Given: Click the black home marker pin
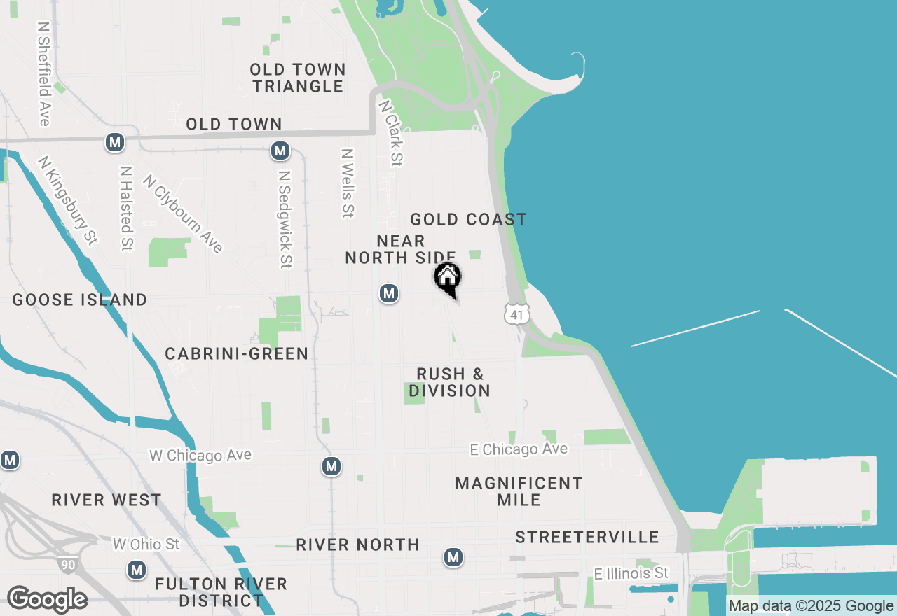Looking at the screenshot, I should pos(448,278).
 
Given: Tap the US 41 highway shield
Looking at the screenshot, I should pos(516,314).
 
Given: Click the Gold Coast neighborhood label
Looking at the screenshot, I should pos(468,219).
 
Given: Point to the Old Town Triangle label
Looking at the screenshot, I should pos(298,78).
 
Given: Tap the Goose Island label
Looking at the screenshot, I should pos(80,300).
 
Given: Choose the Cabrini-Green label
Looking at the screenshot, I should pos(237,353).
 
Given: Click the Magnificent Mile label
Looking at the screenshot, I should pos(519,491).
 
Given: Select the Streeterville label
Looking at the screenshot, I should pos(587,537).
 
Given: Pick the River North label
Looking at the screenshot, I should pos(357,545).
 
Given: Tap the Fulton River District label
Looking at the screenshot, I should pos(221,592).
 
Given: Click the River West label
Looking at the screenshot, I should pos(107,500).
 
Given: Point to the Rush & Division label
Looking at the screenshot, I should pos(449,382).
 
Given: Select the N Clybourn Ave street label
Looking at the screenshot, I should pos(183,213).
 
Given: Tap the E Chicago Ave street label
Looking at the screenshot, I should pos(519,449).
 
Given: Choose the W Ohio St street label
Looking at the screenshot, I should pos(146,544).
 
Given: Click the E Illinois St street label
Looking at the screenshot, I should pos(631,574).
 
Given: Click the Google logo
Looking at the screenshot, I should pos(47,599).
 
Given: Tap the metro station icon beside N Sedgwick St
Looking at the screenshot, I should pos(280,150).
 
